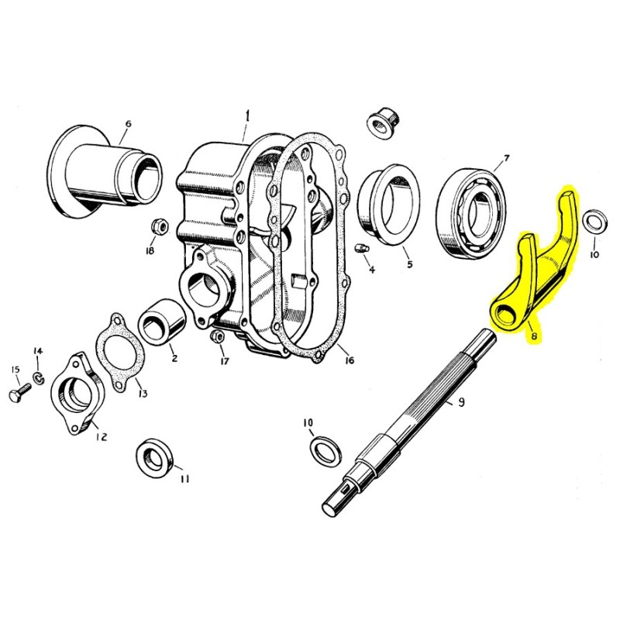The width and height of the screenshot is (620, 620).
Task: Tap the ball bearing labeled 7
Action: coord(472,215)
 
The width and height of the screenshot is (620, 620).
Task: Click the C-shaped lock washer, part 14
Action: coord(39,377)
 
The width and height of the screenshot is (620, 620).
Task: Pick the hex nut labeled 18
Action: coord(160,226)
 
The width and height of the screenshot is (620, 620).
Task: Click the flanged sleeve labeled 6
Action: coord(105,170)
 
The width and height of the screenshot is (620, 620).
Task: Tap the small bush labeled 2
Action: coord(162,321)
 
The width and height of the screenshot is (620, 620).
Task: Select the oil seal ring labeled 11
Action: coord(154,458)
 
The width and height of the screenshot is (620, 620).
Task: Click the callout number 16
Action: coord(350,360)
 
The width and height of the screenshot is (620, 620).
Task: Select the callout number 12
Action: coord(102,436)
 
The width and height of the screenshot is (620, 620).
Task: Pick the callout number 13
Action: coord(143,393)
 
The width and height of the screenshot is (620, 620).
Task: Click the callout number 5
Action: coord(410,263)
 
